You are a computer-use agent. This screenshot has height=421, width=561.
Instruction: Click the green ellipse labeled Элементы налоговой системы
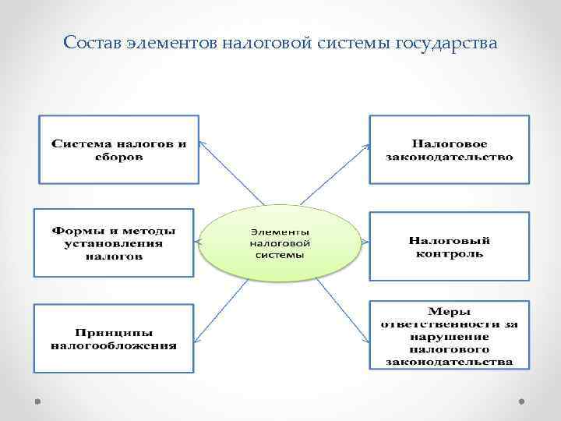[280, 243]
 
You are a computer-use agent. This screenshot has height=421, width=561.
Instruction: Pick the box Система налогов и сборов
[119, 150]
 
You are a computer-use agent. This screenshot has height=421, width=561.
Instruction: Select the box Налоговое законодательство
[449, 150]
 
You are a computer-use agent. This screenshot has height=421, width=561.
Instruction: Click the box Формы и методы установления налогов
[114, 242]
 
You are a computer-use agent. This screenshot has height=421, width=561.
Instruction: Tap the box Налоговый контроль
[449, 246]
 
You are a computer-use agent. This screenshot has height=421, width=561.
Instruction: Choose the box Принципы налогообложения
[114, 338]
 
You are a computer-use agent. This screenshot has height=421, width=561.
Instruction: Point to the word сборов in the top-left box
[119, 157]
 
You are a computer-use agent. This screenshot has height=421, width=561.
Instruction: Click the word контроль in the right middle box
[450, 253]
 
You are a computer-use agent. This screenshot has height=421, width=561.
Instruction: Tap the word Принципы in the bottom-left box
[114, 332]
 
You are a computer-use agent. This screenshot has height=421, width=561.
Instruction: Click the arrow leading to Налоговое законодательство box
[333, 175]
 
